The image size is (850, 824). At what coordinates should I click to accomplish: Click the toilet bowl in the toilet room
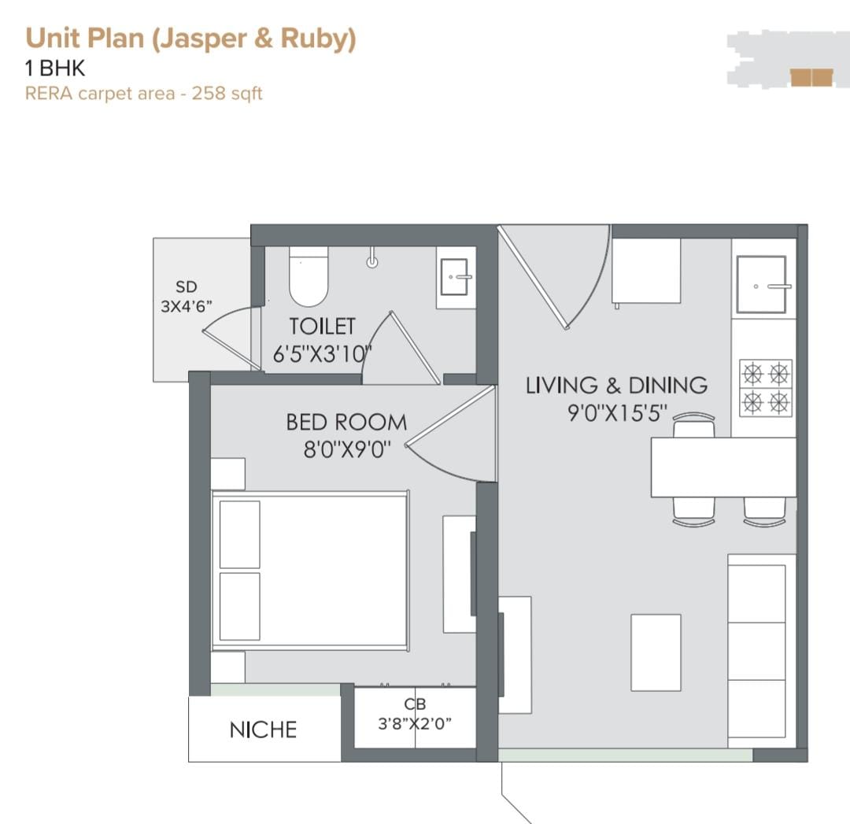pos(309,276)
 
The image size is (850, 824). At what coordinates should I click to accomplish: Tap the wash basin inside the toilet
pos(456,277)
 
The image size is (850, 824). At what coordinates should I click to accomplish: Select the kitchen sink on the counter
pos(762,285)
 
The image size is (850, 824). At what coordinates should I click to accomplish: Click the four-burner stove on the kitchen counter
pos(766,388)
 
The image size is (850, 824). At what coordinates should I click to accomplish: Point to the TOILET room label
pos(323,327)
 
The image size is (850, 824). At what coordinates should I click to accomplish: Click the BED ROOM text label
pos(346,423)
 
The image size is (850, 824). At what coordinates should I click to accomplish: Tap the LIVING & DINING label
pos(616,386)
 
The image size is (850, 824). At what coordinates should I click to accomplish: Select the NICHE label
pos(264,730)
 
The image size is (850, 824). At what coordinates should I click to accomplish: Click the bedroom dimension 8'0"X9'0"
pos(347,449)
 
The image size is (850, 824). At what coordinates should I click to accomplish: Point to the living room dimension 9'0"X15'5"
pos(618,413)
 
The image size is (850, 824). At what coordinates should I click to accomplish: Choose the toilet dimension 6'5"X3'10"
pos(323,354)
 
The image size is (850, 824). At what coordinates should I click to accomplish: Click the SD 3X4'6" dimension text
pos(186,296)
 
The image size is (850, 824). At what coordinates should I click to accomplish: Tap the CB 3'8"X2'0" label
pos(415,713)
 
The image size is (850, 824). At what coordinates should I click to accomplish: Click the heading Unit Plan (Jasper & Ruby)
pos(190,39)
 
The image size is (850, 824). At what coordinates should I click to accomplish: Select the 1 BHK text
pos(55,68)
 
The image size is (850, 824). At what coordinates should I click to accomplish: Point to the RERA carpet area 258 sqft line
pos(144,93)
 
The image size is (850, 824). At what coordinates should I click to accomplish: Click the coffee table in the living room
pos(656,652)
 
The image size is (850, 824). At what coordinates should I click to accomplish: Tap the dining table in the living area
pos(724,467)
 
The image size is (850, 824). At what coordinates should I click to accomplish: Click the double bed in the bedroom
pos(311,571)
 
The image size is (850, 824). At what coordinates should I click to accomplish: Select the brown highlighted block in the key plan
pos(811,78)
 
